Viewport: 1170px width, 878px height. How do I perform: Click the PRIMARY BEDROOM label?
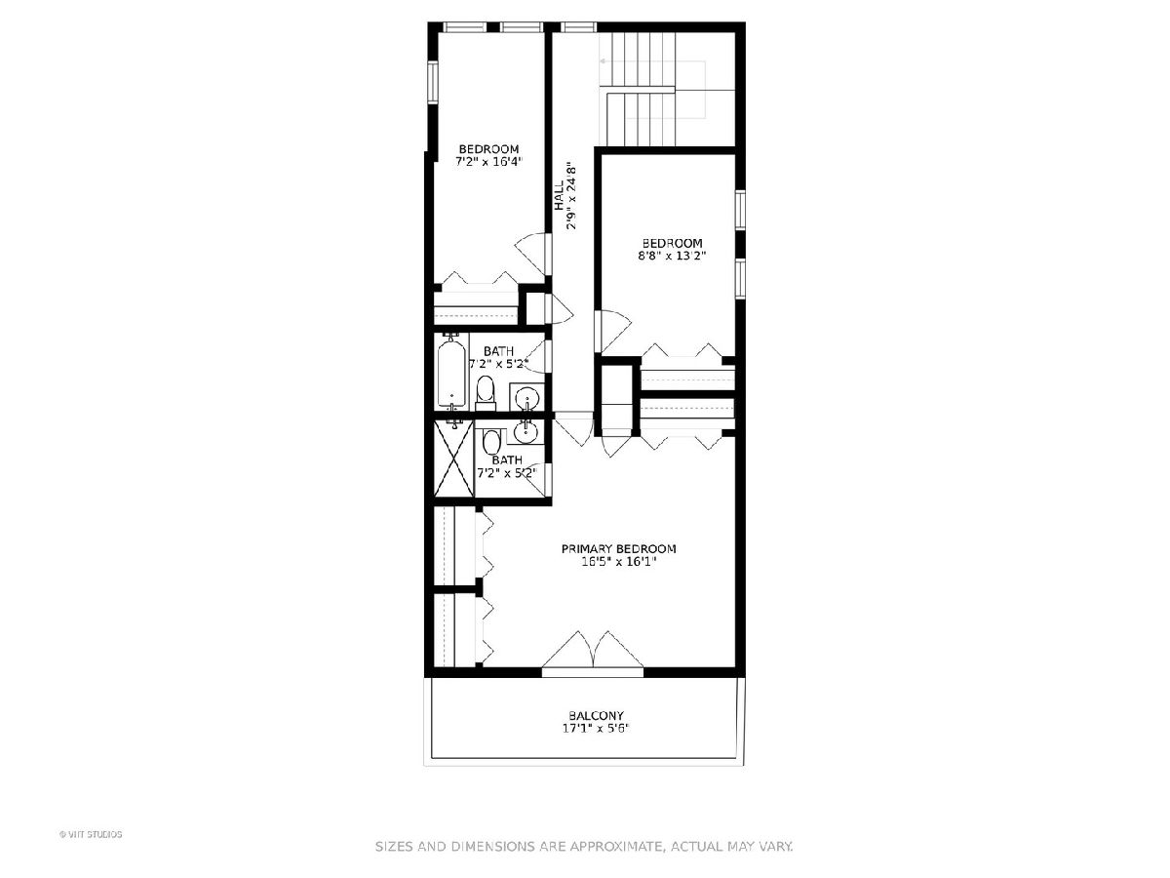(618, 548)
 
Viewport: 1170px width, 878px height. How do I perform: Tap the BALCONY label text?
(596, 715)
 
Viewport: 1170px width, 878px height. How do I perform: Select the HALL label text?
(559, 195)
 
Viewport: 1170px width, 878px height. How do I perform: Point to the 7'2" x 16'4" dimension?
(488, 162)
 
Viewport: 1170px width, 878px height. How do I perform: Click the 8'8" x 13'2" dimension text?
(672, 256)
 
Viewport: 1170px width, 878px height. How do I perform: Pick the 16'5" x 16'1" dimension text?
(618, 561)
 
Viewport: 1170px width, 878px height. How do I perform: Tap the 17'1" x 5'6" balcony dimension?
(596, 728)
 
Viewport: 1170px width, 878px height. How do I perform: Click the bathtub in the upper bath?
(452, 373)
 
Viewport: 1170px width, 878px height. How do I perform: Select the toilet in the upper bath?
(485, 393)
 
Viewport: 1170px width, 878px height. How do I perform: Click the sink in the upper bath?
(527, 398)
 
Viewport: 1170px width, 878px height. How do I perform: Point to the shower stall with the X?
(454, 459)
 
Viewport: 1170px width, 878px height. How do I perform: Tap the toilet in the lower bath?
(491, 442)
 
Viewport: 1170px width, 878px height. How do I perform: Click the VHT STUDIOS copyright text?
(91, 834)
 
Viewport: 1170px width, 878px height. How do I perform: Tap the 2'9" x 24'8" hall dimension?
(571, 195)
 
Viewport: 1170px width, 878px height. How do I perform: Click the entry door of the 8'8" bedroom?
(613, 331)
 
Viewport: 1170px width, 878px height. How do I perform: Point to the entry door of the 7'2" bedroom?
(533, 254)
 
